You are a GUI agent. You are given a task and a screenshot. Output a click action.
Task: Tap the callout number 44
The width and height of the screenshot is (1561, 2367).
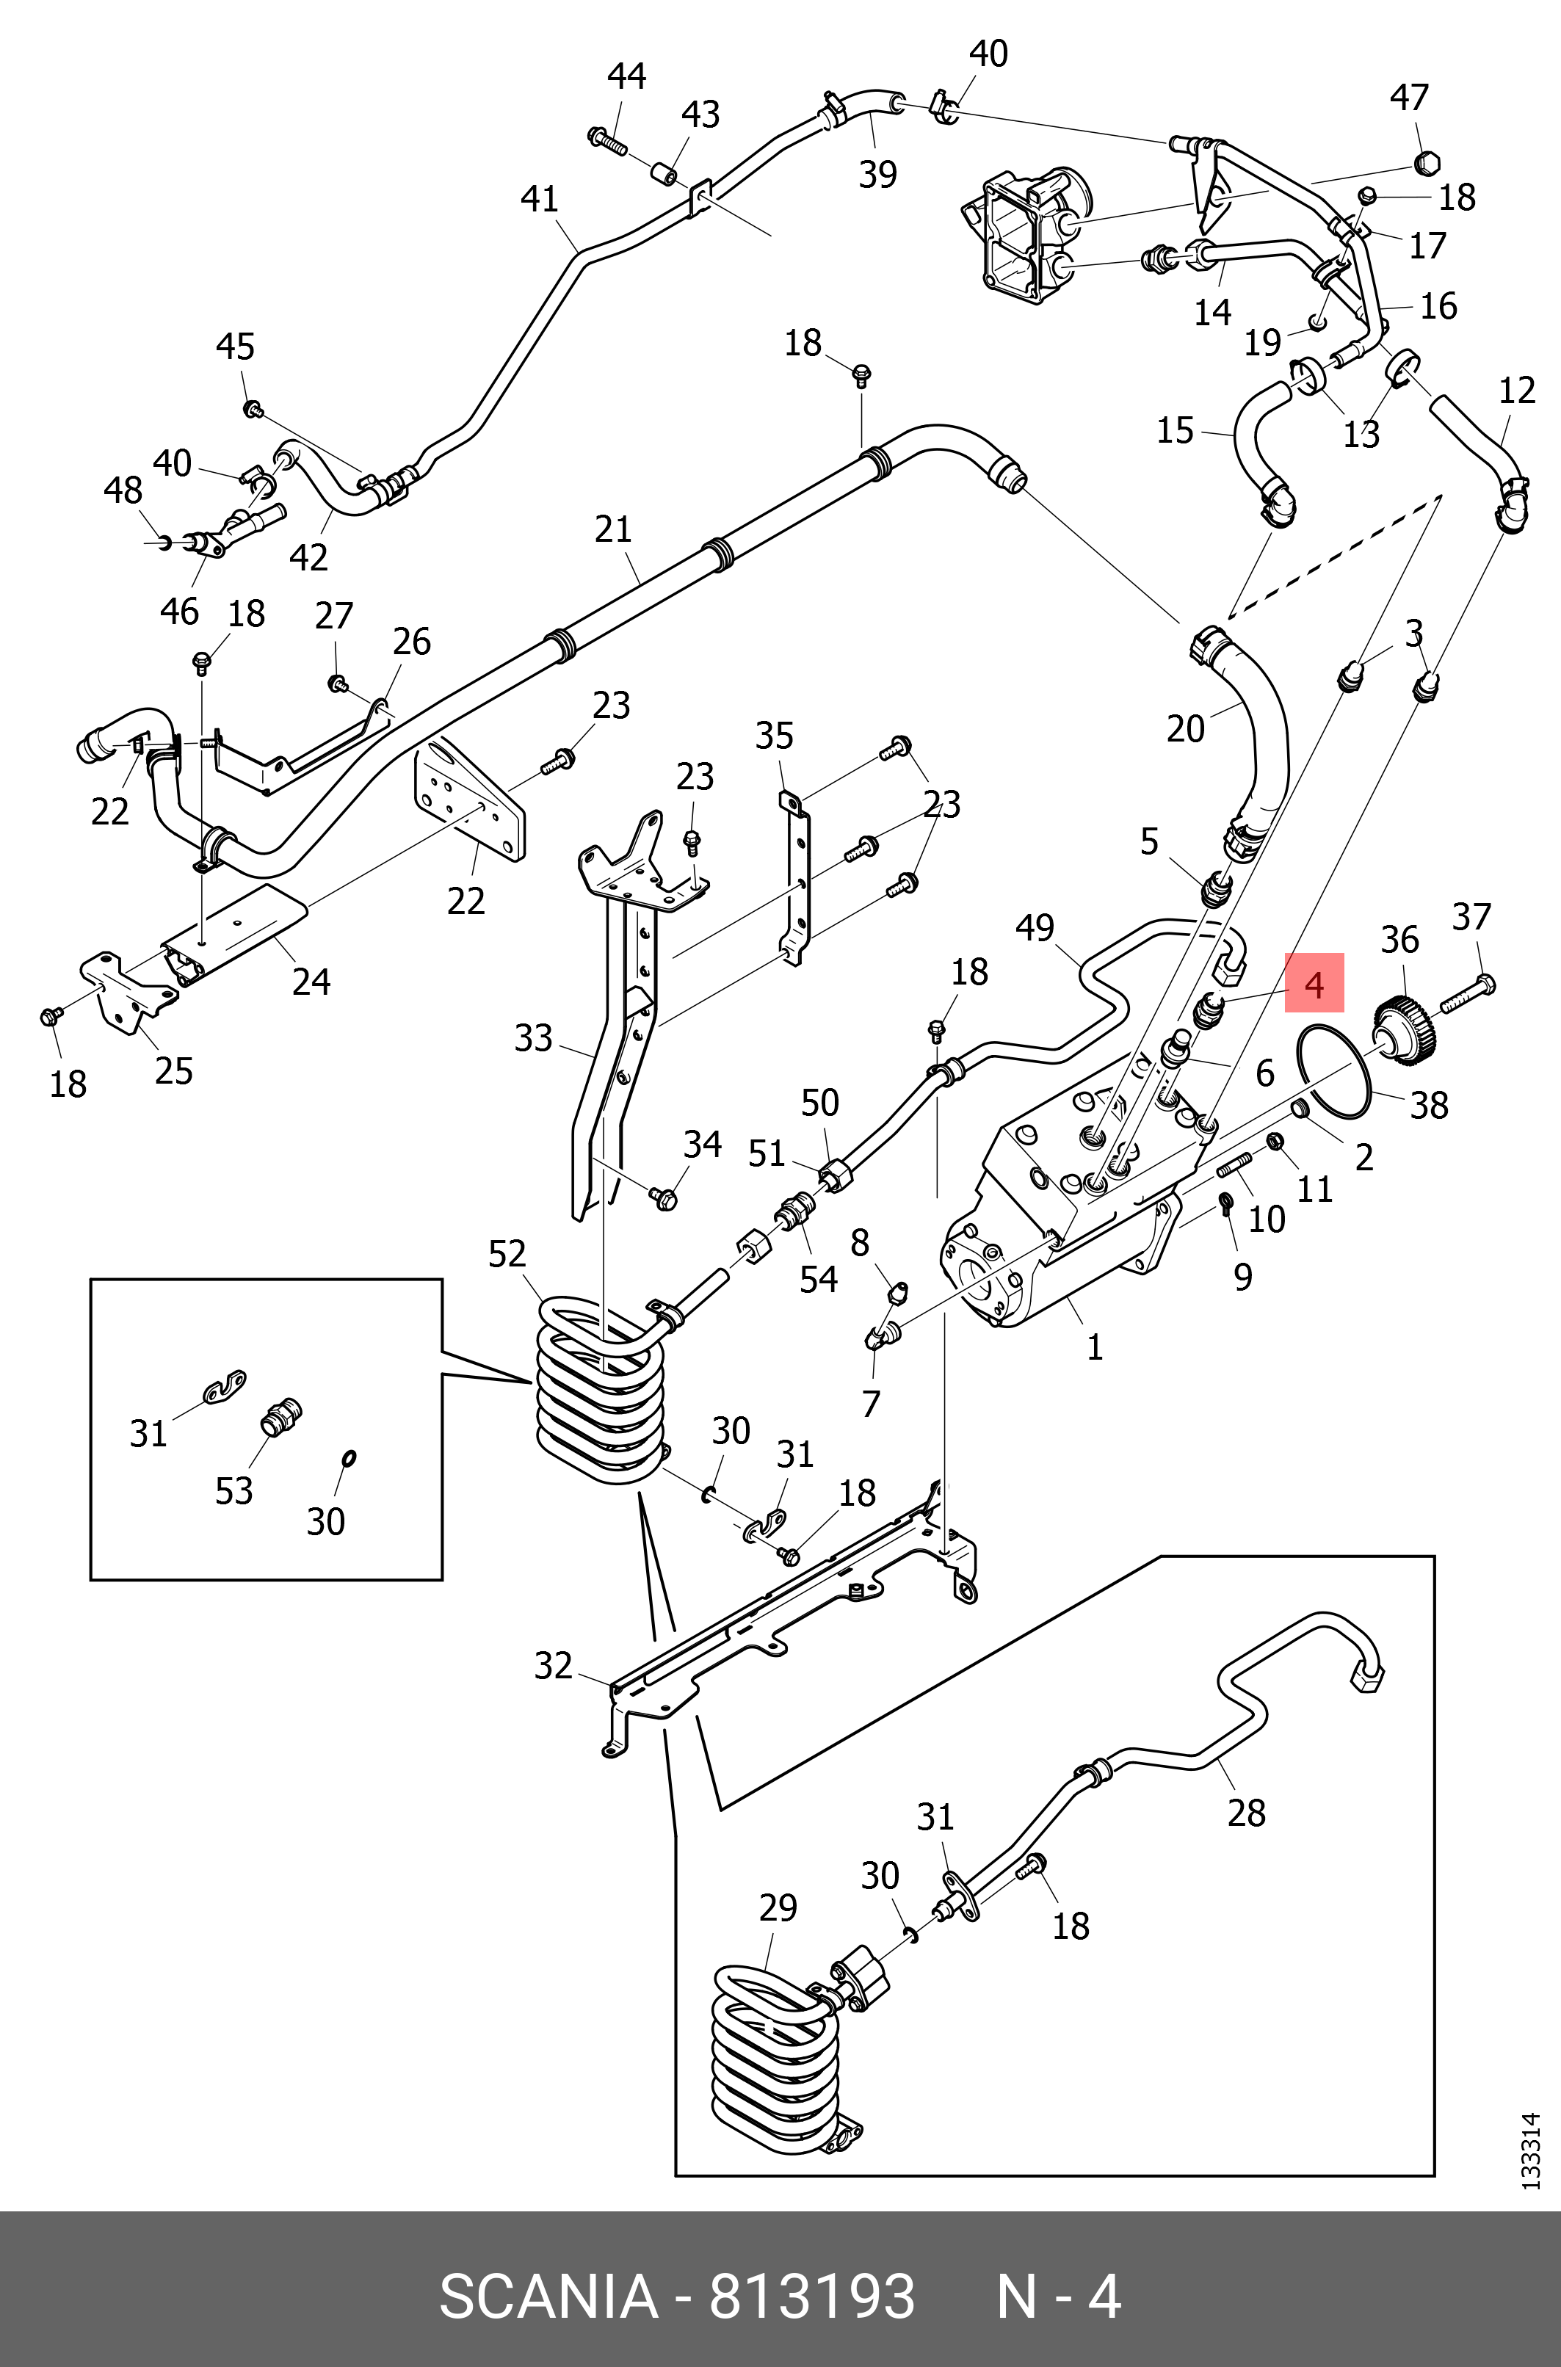tap(626, 76)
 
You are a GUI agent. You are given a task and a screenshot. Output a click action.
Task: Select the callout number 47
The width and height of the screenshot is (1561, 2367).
tap(1409, 98)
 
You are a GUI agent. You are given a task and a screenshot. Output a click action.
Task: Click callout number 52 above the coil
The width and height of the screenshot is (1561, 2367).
tap(507, 1253)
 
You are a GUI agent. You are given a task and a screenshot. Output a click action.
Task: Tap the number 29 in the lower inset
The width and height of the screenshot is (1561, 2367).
tap(778, 1907)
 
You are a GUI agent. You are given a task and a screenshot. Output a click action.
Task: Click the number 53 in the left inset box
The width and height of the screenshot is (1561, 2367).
tap(234, 1490)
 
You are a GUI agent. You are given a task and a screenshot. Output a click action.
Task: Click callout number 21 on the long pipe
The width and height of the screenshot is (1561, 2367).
tap(613, 529)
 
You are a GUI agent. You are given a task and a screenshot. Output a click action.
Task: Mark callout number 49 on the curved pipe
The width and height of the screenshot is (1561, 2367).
tap(1035, 927)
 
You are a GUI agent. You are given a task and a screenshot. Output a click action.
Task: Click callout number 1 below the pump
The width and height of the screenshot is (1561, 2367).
tap(1094, 1346)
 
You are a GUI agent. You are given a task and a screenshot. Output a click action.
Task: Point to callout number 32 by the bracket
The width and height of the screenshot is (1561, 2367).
tap(554, 1664)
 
